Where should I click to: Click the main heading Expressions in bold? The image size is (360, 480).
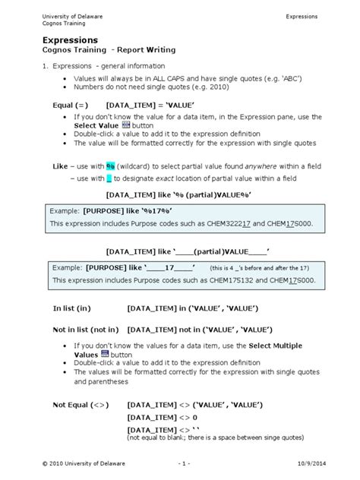(70, 38)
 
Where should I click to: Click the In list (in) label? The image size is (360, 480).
(71, 308)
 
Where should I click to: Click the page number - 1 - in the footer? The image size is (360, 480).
(182, 463)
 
